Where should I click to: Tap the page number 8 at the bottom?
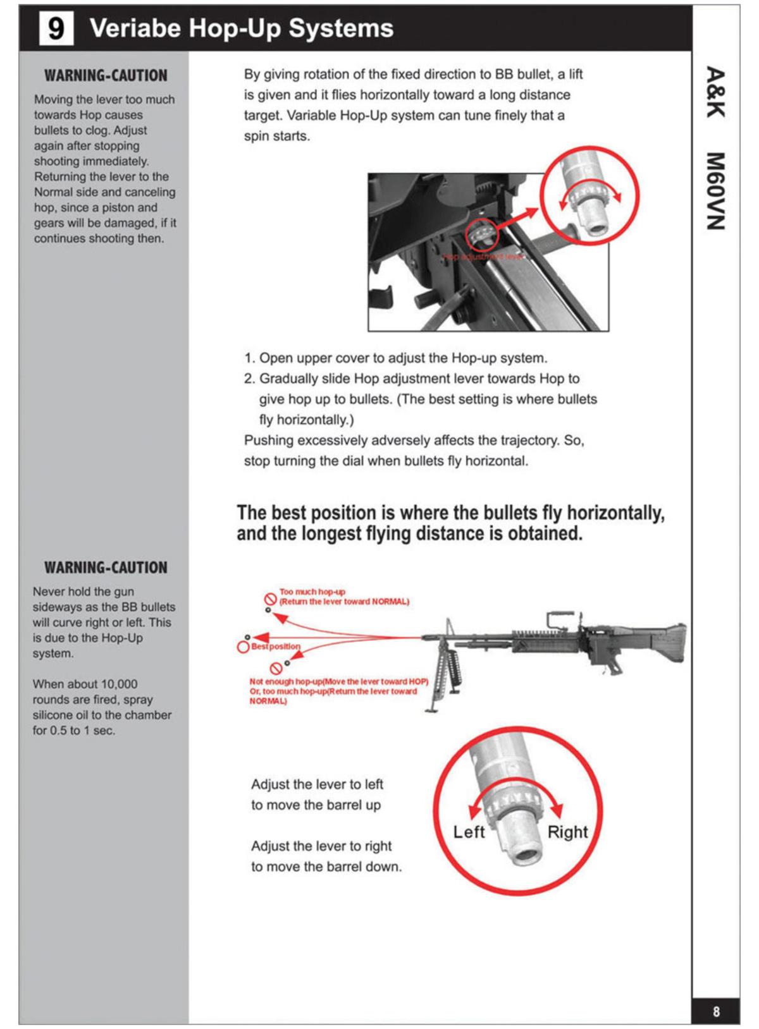pyautogui.click(x=716, y=1011)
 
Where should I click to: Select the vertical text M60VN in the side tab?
pyautogui.click(x=715, y=192)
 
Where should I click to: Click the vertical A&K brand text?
pyautogui.click(x=715, y=92)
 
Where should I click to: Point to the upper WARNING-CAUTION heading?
pyautogui.click(x=106, y=76)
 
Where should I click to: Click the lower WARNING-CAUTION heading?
pyautogui.click(x=106, y=568)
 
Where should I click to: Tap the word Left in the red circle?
pyautogui.click(x=469, y=832)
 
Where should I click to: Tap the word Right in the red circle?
pyautogui.click(x=567, y=832)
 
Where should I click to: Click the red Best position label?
pyautogui.click(x=276, y=647)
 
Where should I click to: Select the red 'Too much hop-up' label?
pyautogui.click(x=312, y=592)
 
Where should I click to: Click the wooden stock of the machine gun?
pyautogui.click(x=664, y=642)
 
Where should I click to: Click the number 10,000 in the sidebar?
pyautogui.click(x=119, y=684)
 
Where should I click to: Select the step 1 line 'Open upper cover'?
pyautogui.click(x=396, y=358)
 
